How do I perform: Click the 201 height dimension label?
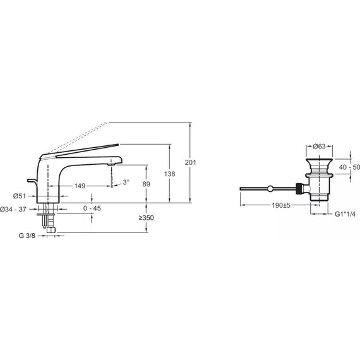point(191,162)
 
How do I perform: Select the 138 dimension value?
point(170,174)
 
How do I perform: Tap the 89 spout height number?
point(147,184)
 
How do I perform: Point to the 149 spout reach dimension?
point(80,186)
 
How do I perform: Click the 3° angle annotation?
point(126,183)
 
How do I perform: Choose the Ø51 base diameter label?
point(20,196)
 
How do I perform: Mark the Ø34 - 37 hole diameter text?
point(13,210)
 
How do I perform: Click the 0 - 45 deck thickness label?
point(92,208)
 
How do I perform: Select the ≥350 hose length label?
point(147,217)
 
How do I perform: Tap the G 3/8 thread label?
point(27,236)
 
